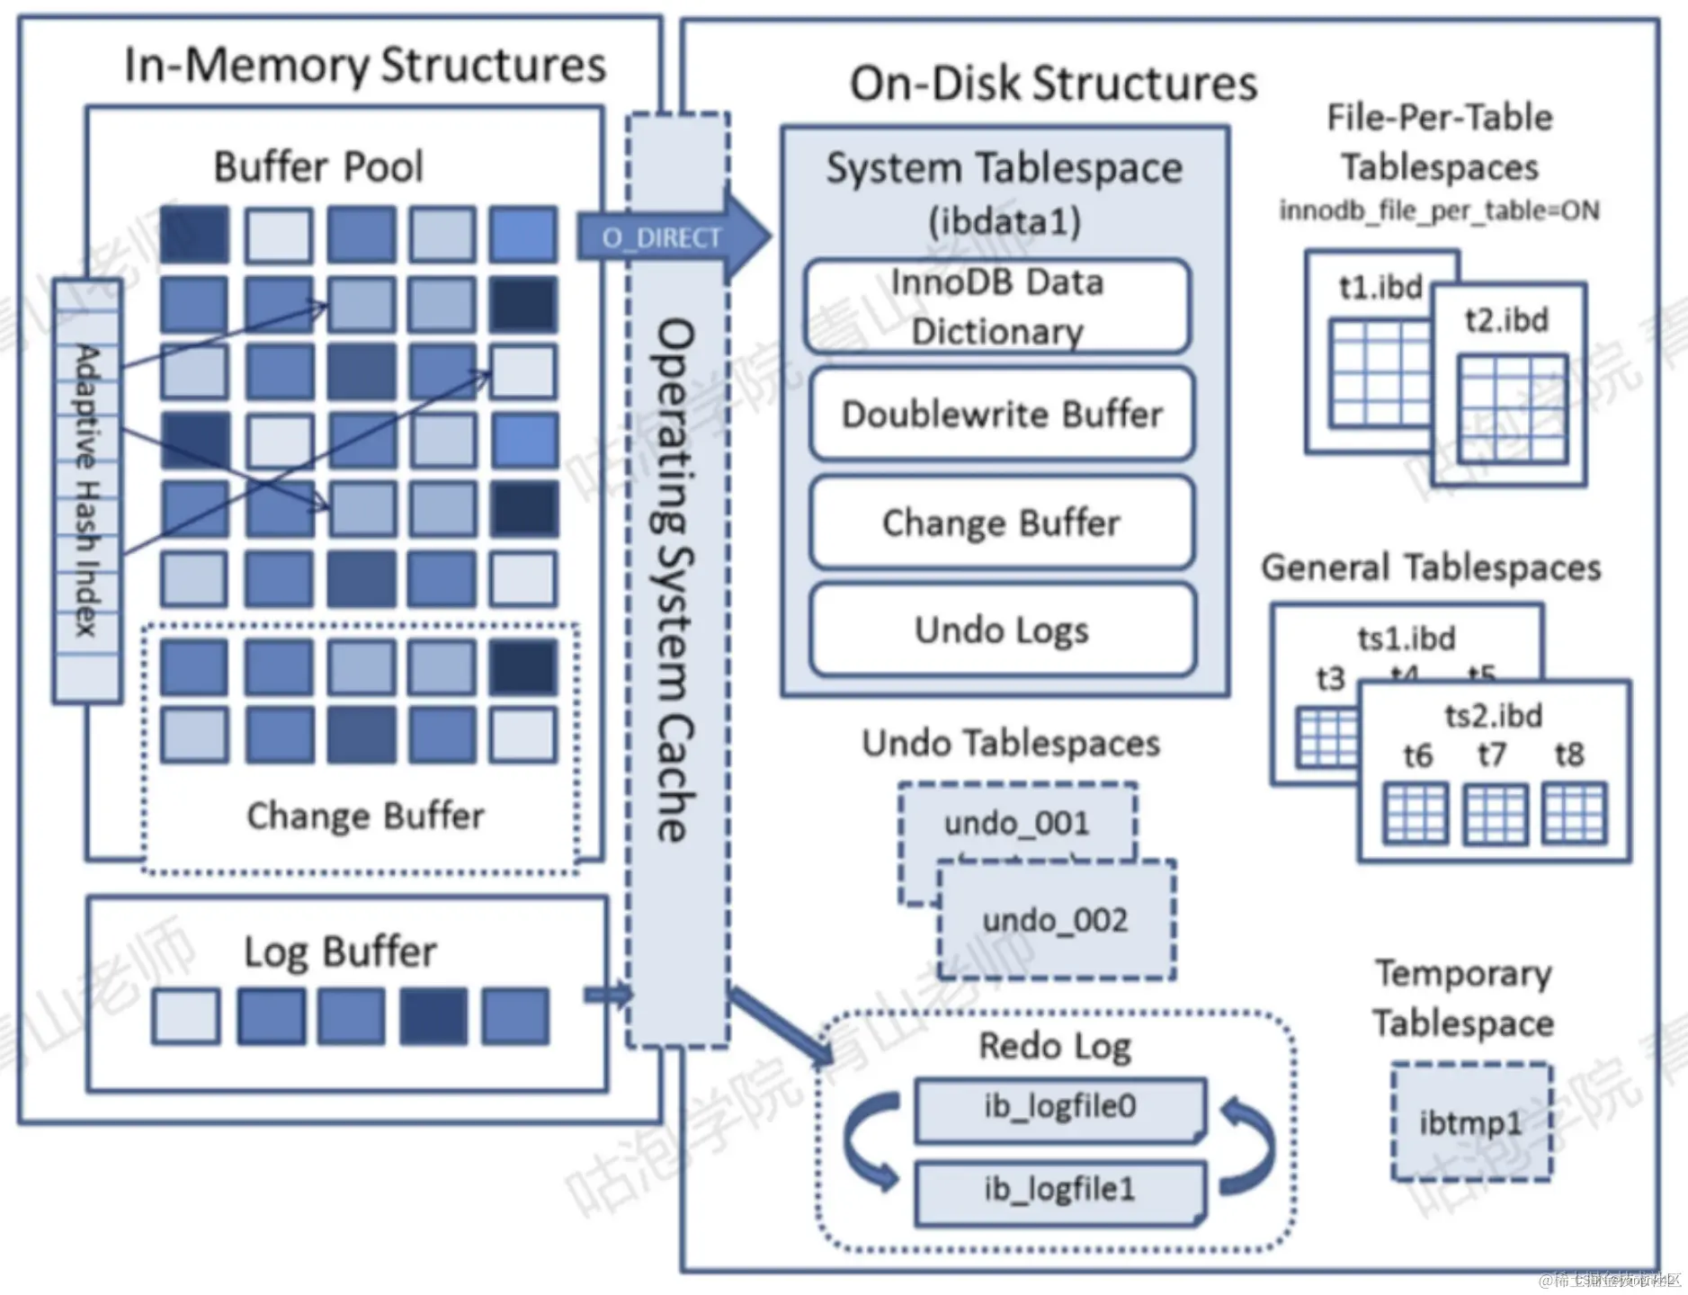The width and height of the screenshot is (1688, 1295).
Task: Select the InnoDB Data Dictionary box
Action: pos(997,307)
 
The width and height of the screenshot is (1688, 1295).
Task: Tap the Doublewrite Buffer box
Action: pos(1002,415)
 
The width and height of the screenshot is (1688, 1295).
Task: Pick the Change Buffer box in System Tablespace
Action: pos(1002,522)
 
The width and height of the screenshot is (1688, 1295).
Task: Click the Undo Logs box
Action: pos(1002,630)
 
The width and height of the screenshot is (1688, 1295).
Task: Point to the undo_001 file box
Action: pos(1017,822)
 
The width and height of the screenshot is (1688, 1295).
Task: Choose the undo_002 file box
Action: pos(1056,920)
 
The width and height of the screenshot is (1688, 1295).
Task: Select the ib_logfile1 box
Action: pos(1059,1191)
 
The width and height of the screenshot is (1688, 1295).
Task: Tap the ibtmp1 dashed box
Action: pos(1471,1122)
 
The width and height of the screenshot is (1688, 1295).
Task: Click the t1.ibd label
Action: pos(1380,287)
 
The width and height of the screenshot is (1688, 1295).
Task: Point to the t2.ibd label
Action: pos(1506,320)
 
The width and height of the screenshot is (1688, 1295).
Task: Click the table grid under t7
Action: pos(1495,814)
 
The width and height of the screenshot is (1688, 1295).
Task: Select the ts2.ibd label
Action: pos(1494,716)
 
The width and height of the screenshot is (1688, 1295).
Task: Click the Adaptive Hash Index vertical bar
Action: pos(87,490)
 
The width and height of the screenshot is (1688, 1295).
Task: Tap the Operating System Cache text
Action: pos(676,580)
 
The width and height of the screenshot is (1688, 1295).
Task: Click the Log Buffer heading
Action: pos(340,951)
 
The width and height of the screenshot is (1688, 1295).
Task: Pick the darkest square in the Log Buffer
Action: pos(433,1016)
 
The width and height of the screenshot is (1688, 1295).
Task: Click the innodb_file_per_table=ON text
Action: pos(1439,211)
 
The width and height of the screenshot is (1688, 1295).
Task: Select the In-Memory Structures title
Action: pos(365,65)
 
